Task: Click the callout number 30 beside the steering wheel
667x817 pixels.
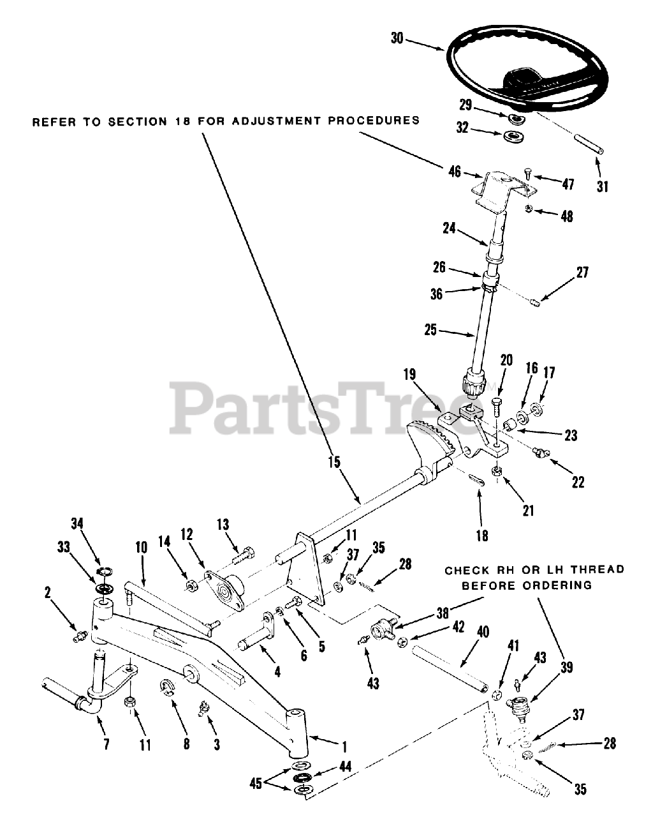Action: click(397, 38)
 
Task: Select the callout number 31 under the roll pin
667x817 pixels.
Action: click(603, 187)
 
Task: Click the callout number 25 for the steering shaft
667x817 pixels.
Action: click(431, 331)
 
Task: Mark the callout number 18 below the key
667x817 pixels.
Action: click(483, 536)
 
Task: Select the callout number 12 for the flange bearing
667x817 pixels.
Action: click(186, 534)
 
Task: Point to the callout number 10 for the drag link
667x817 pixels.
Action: click(141, 547)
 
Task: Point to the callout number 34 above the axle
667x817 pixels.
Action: click(77, 525)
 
